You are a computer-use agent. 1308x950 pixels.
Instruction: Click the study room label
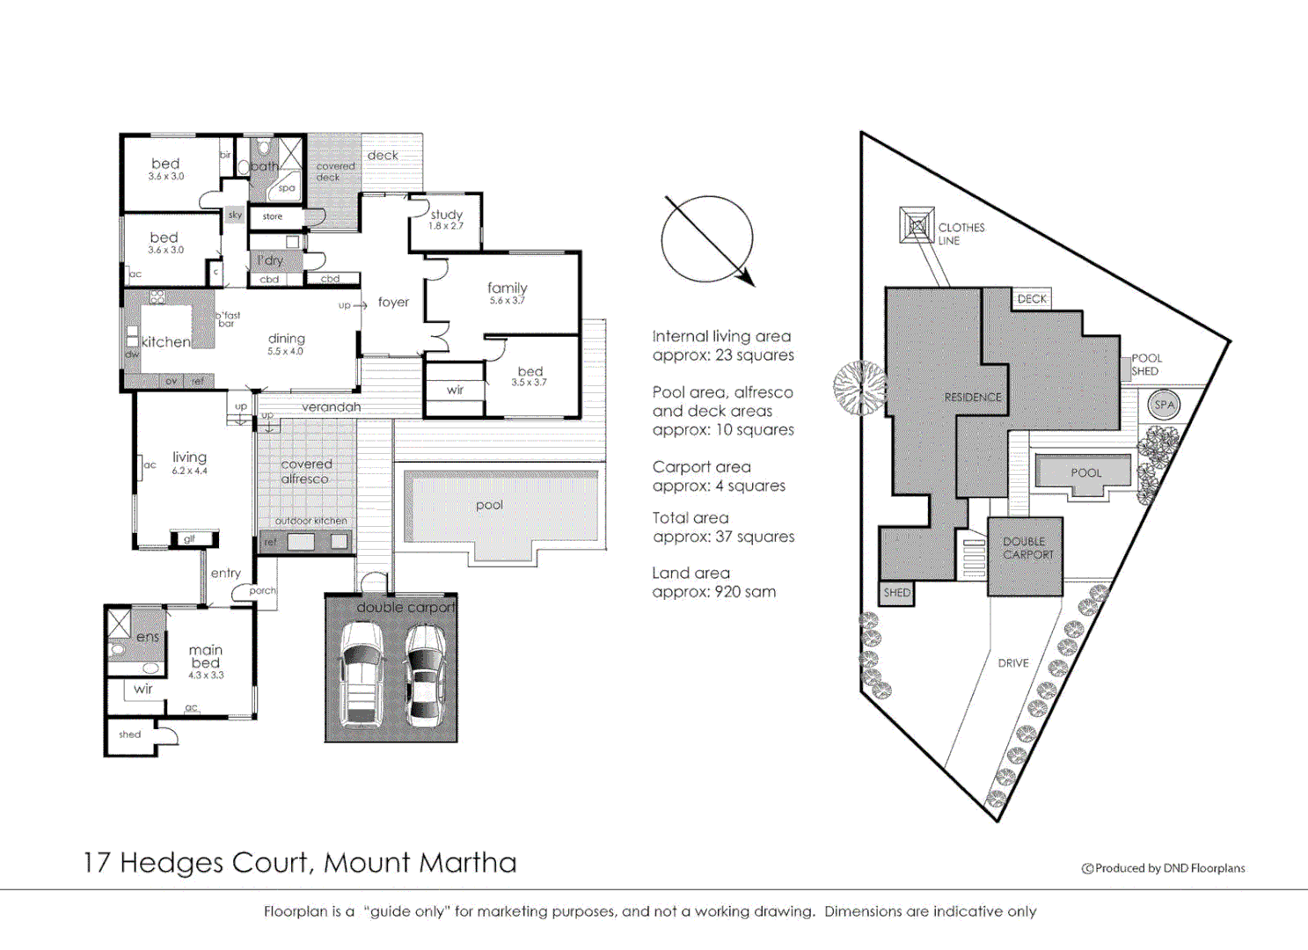[x=446, y=215]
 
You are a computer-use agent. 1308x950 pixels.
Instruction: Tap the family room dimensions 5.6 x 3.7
[x=507, y=301]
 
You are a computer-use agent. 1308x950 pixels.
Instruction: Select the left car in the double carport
[x=362, y=675]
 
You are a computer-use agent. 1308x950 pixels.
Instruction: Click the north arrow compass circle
[x=707, y=239]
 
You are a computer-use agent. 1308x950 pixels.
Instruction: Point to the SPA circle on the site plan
[x=1164, y=406]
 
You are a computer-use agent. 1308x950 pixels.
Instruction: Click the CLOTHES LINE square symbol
[x=917, y=225]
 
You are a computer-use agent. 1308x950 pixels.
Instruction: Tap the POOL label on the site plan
[x=1085, y=472]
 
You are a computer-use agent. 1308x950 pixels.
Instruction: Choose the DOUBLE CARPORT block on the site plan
[x=1026, y=556]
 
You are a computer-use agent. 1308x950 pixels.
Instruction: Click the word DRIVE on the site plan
[x=1012, y=663]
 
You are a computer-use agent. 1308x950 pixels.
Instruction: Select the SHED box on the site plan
[x=896, y=593]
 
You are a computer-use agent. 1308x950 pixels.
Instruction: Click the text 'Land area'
[x=691, y=573]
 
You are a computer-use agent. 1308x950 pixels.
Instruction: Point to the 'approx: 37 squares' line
[x=723, y=537]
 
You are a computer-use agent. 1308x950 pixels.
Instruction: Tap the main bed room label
[x=206, y=656]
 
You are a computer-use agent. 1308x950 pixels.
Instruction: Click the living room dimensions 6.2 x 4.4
[x=189, y=471]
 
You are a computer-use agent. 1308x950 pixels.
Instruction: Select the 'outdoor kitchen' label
[x=311, y=521]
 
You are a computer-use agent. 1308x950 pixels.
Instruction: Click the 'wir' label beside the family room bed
[x=455, y=390]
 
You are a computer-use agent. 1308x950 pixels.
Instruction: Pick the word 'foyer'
[x=393, y=302]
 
